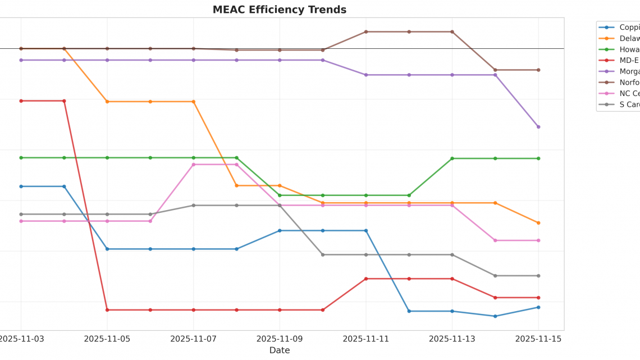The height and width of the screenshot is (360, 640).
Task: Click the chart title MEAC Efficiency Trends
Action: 279,10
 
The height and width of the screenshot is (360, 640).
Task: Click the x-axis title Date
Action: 279,350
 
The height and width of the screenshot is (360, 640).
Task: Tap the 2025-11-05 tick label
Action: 107,339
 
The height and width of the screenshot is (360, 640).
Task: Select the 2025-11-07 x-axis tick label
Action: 193,339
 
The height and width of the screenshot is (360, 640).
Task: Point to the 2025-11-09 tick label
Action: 280,339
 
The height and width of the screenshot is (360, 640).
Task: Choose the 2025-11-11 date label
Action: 365,339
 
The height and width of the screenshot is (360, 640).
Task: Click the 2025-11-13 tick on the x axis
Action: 452,339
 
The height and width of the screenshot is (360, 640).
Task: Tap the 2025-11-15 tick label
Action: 538,339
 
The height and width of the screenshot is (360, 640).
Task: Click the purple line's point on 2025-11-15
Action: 538,127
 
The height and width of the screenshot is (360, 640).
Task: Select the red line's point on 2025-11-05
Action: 107,310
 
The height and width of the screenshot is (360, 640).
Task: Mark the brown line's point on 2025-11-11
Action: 365,32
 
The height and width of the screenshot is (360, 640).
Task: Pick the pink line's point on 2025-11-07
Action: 193,165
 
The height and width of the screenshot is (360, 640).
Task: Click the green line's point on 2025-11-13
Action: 452,158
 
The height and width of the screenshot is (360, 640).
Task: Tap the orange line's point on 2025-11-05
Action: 107,102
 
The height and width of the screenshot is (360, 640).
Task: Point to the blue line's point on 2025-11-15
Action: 538,307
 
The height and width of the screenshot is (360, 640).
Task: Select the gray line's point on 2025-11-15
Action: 538,276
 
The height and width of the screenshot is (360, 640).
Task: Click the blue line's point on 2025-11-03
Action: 21,186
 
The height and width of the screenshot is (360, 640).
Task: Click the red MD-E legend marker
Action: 606,61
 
